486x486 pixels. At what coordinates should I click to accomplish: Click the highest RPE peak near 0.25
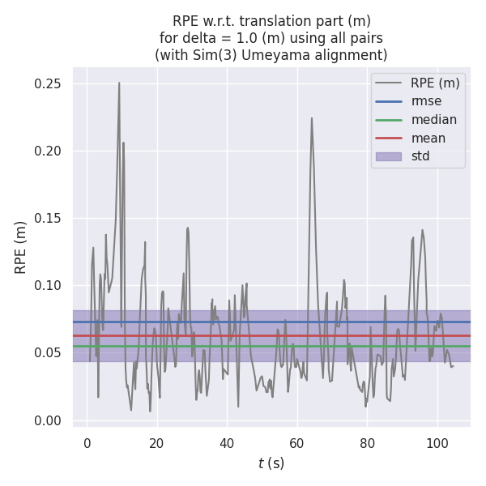pyautogui.click(x=119, y=83)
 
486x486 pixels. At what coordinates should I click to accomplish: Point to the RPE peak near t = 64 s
pyautogui.click(x=311, y=118)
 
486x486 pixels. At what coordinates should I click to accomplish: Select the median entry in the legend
pyautogui.click(x=433, y=120)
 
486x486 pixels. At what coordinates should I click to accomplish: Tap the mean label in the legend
pyautogui.click(x=428, y=138)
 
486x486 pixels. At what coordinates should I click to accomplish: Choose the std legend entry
pyautogui.click(x=420, y=156)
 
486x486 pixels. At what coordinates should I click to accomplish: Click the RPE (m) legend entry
pyautogui.click(x=435, y=83)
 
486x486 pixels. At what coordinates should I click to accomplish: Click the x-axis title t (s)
pyautogui.click(x=271, y=463)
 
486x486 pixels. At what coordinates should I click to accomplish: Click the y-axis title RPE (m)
pyautogui.click(x=21, y=247)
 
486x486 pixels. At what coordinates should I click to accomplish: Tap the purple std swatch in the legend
pyautogui.click(x=389, y=156)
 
